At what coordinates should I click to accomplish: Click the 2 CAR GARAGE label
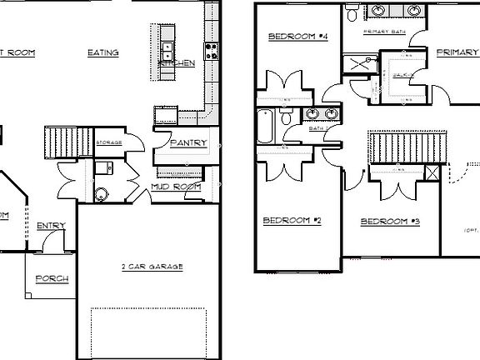(152, 267)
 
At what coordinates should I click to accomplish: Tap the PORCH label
(52, 278)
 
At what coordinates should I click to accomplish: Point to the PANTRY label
(187, 142)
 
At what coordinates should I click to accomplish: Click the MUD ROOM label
(176, 187)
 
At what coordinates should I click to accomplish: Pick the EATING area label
(103, 52)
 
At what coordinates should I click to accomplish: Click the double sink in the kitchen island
(167, 47)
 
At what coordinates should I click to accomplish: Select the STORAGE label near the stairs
(109, 143)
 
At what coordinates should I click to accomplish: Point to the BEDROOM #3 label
(389, 222)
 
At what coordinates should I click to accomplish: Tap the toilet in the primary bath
(353, 14)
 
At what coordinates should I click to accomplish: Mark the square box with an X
(432, 174)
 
